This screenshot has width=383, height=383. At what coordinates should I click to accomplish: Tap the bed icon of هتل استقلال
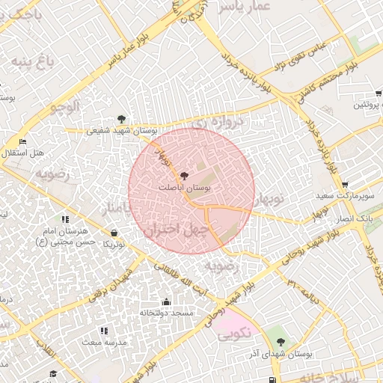pyautogui.click(x=22, y=141)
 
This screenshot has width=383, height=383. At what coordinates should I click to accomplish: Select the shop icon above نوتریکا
pyautogui.click(x=114, y=233)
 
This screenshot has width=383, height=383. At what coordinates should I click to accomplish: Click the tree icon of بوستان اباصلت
pyautogui.click(x=185, y=174)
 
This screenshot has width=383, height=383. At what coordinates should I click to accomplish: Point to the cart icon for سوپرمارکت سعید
pyautogui.click(x=344, y=185)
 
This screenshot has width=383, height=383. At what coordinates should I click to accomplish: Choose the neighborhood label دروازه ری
pyautogui.click(x=218, y=119)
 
